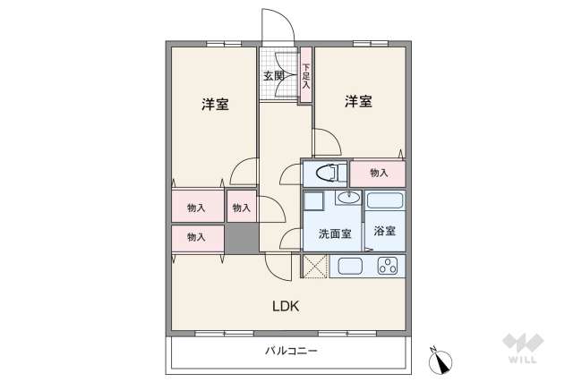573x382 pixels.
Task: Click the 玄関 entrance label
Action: tap(274, 76)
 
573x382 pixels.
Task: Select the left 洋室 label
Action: tap(214, 105)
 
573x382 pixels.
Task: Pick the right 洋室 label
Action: tap(358, 102)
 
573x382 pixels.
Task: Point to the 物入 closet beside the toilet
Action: tap(378, 173)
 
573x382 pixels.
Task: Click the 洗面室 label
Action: tap(333, 233)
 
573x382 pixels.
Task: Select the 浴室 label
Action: tap(384, 232)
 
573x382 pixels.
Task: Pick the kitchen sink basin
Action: tap(349, 266)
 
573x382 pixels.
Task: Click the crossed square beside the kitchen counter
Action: tap(316, 266)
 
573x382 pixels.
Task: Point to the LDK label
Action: tap(286, 306)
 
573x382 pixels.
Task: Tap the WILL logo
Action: tap(522, 349)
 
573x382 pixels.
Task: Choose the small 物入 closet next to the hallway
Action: tap(241, 208)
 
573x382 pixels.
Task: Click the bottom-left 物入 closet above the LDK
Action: tap(197, 237)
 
